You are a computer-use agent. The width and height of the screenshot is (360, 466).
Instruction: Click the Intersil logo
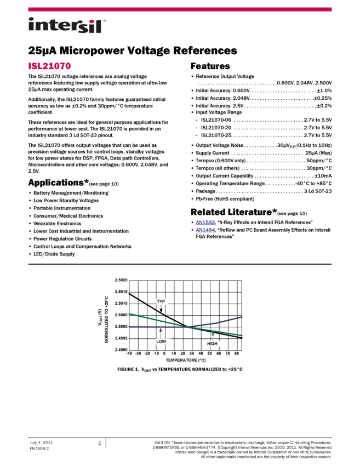(x=67, y=26)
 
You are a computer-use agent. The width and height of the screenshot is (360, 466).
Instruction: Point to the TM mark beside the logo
(x=104, y=20)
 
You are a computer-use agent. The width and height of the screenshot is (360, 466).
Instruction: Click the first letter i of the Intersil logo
(x=31, y=26)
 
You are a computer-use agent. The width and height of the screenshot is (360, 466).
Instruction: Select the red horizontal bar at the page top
(x=180, y=9)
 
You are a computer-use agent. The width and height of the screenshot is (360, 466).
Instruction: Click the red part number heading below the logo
(x=50, y=66)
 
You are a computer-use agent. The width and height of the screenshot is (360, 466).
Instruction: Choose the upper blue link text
(x=205, y=223)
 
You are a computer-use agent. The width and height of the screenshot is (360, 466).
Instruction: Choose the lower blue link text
(x=205, y=230)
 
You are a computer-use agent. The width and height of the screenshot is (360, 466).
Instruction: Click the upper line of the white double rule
(x=180, y=263)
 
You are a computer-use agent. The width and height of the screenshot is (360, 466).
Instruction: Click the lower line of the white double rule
(x=180, y=266)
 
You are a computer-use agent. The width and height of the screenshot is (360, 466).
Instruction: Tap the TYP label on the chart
(x=161, y=302)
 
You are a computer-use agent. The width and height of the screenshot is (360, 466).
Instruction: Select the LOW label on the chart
(x=162, y=342)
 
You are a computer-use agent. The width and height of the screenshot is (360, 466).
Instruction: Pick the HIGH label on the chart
(x=213, y=344)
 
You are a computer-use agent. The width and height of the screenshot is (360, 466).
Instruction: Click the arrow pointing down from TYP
(x=161, y=309)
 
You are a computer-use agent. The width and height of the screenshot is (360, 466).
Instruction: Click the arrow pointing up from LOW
(x=161, y=333)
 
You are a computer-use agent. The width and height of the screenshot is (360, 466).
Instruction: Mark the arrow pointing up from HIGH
(x=213, y=336)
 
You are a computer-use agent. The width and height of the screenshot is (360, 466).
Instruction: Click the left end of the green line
(x=129, y=314)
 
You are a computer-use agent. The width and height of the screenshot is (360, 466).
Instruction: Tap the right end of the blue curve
(x=243, y=317)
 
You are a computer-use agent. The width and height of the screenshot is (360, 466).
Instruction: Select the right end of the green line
(x=242, y=336)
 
